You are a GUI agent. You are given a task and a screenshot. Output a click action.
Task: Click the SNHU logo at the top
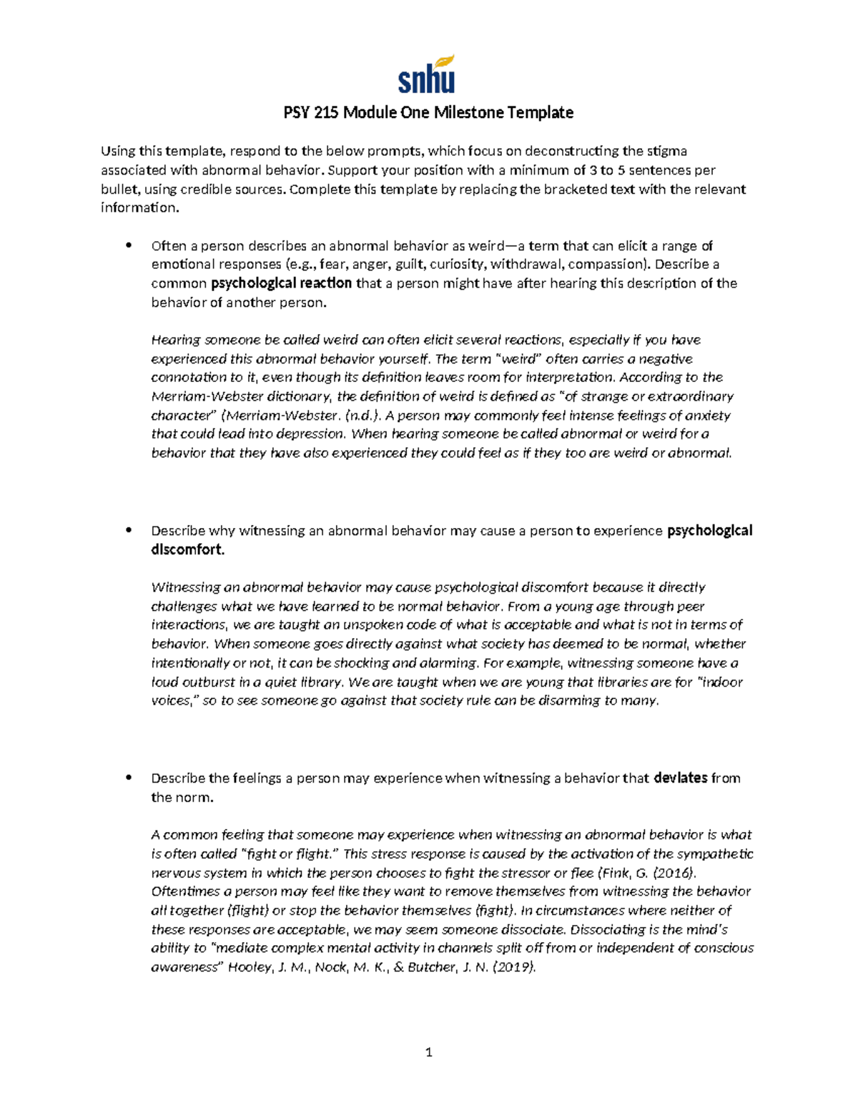click(x=426, y=74)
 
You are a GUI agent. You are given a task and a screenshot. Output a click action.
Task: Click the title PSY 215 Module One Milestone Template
click(x=428, y=112)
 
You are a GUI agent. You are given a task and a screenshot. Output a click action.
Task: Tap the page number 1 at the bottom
click(x=428, y=1052)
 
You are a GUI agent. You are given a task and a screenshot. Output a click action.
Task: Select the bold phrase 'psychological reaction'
click(x=281, y=283)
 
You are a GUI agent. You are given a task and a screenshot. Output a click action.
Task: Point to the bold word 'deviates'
click(x=680, y=778)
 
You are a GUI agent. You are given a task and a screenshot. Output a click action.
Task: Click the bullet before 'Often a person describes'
click(x=129, y=245)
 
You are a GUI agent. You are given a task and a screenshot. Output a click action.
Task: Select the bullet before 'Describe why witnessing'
click(x=129, y=531)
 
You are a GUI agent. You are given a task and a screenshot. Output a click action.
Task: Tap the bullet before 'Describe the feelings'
click(x=129, y=778)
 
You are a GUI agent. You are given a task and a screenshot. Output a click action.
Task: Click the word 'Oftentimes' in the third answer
click(x=184, y=891)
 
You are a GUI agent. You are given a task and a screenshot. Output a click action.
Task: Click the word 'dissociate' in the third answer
click(x=533, y=929)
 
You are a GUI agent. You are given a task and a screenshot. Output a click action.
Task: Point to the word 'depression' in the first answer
click(x=311, y=434)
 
